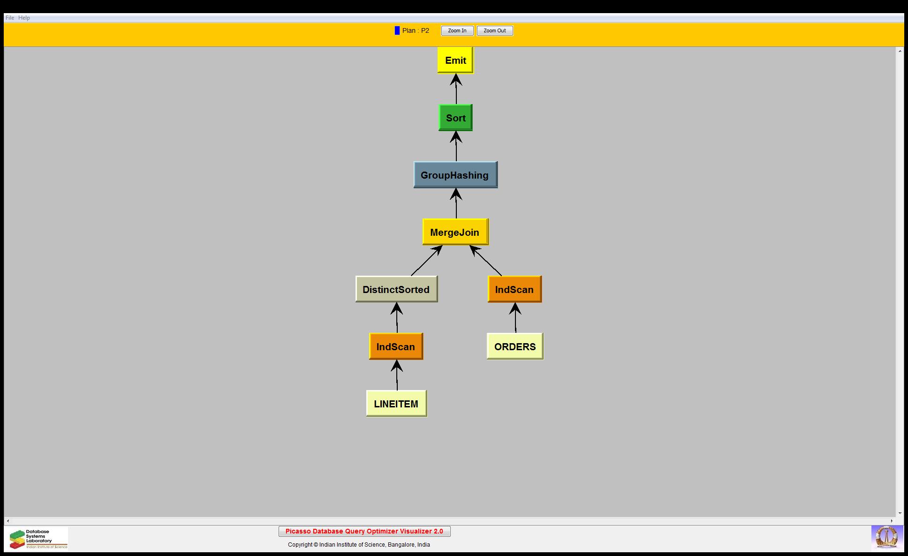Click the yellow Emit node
click(455, 60)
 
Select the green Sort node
click(455, 118)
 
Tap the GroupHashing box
click(455, 175)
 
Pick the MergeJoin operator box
click(455, 232)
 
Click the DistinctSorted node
click(396, 289)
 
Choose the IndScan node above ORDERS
click(515, 289)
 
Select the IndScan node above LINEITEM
click(396, 346)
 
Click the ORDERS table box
click(515, 346)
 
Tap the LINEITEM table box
click(396, 404)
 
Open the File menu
click(10, 18)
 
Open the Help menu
click(24, 18)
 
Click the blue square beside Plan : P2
click(397, 30)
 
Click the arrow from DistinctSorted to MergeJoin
click(426, 261)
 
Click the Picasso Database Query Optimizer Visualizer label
click(364, 531)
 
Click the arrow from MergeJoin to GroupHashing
click(456, 203)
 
